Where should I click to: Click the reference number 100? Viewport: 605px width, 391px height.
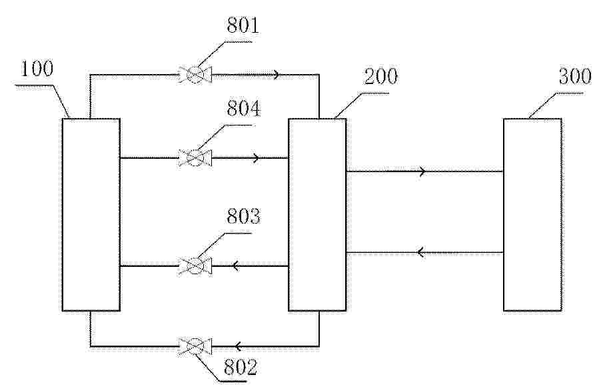click(37, 69)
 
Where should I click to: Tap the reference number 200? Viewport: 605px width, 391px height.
click(380, 77)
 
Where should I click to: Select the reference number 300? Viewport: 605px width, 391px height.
click(575, 77)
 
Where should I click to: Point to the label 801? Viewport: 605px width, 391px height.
click(243, 26)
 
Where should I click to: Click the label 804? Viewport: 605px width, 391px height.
click(243, 109)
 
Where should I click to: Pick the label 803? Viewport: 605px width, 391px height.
click(243, 216)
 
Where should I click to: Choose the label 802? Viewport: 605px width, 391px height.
click(241, 367)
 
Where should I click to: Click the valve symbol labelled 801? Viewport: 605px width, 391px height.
click(195, 74)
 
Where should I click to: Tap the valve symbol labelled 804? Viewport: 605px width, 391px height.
click(195, 157)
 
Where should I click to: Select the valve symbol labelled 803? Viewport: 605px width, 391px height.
click(195, 266)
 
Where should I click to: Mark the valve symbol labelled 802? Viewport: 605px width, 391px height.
click(195, 346)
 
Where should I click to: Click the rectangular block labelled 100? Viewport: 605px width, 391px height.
click(91, 214)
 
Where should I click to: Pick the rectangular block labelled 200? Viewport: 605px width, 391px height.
click(317, 214)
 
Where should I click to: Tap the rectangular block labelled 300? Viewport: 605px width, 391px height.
click(532, 214)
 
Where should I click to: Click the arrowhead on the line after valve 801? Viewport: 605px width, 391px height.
click(277, 74)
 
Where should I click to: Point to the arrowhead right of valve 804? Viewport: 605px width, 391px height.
click(257, 157)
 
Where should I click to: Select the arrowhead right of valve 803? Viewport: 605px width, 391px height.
click(235, 266)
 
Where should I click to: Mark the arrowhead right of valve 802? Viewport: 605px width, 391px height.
click(238, 346)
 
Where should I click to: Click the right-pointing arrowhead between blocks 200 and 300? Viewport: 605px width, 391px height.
click(422, 171)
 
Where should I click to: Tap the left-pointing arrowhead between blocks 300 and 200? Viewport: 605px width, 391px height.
click(421, 253)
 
